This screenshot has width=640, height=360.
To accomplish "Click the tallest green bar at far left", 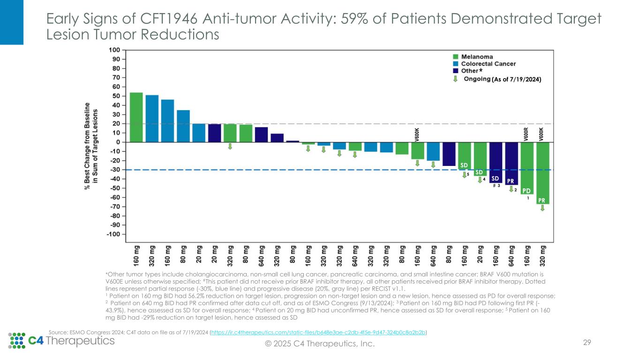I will pyautogui.click(x=136, y=117).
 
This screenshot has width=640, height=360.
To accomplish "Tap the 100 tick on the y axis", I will pyautogui.click(x=114, y=50).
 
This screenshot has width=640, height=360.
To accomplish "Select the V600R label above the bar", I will pyautogui.click(x=527, y=134).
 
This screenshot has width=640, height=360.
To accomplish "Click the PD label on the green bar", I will pyautogui.click(x=527, y=191).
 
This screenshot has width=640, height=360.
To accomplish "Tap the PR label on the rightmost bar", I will pyautogui.click(x=542, y=200).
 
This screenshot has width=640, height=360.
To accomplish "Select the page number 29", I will pyautogui.click(x=586, y=343).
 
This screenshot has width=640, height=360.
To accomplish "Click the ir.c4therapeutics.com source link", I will pyautogui.click(x=319, y=332).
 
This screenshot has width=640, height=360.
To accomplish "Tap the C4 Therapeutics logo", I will pyautogui.click(x=61, y=340).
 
